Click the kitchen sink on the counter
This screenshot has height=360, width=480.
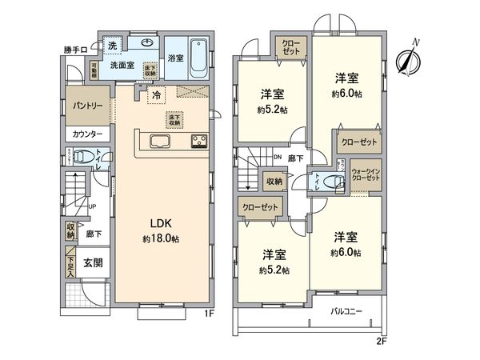[158, 142]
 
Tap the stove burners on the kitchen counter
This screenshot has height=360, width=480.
[198, 142]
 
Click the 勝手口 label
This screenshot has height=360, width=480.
[74, 50]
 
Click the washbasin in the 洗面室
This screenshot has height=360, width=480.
[146, 44]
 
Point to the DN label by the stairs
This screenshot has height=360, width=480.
[277, 157]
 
